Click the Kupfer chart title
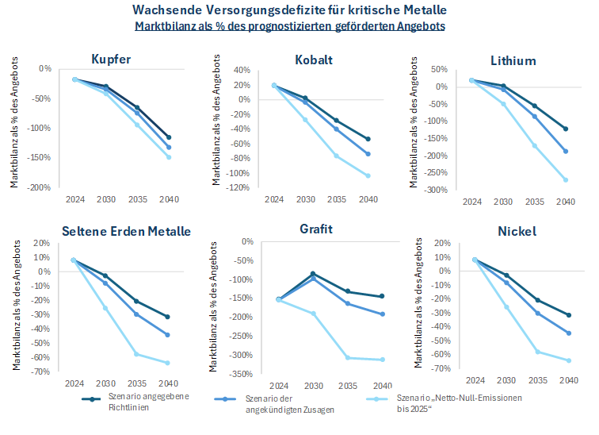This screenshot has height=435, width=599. (x=112, y=60)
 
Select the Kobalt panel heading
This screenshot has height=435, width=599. (x=313, y=60)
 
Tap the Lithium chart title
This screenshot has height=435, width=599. (x=513, y=60)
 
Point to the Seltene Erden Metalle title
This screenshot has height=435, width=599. (x=126, y=231)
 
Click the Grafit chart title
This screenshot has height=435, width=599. (x=315, y=229)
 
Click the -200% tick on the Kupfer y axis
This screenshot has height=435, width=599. (x=38, y=187)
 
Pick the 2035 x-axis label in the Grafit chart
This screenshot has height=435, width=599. (x=346, y=385)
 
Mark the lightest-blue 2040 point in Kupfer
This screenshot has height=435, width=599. (x=169, y=157)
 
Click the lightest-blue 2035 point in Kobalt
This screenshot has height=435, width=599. (x=336, y=156)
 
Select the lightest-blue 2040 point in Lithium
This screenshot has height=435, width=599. (x=565, y=179)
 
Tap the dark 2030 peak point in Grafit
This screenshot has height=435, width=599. (x=313, y=273)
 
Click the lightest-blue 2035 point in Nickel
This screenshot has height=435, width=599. (x=538, y=351)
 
